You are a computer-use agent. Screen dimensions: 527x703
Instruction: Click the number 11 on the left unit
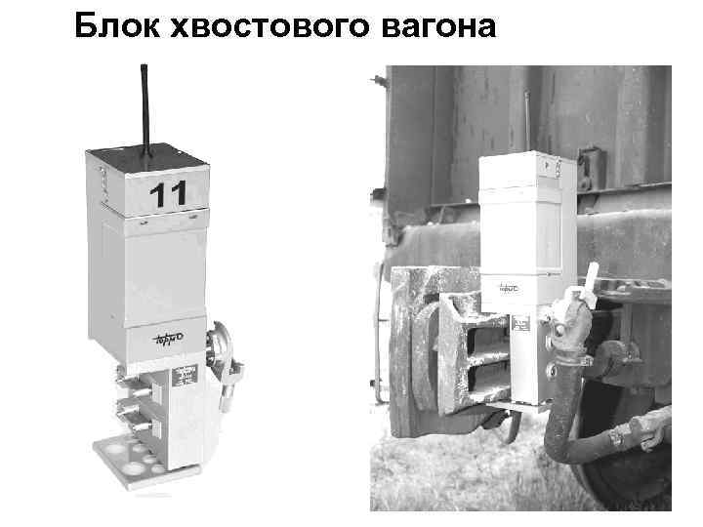click(169, 194)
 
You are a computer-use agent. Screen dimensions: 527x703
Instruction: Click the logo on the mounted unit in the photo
click(510, 289)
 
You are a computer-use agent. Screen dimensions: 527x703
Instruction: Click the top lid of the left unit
click(146, 161)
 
